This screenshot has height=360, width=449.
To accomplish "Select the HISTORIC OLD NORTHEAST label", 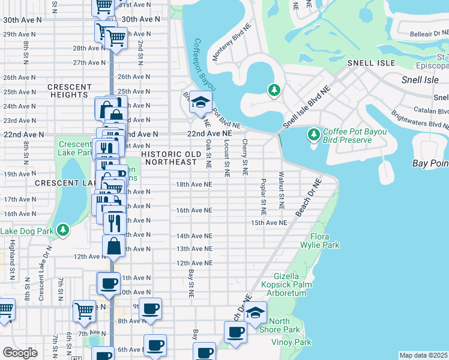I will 170,158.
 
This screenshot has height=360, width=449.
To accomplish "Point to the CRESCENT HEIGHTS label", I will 69,91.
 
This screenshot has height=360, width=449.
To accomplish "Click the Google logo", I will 20,353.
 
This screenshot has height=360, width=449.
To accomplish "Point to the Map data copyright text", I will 424,355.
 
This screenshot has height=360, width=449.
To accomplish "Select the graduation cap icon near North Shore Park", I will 255,313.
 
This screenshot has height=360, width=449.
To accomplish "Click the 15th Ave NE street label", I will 269,223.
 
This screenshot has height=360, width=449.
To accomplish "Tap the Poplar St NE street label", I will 263,196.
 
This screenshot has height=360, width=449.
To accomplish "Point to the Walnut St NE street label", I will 281,190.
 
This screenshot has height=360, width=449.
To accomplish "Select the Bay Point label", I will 430,163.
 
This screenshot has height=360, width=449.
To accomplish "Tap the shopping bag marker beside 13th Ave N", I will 114,245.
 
